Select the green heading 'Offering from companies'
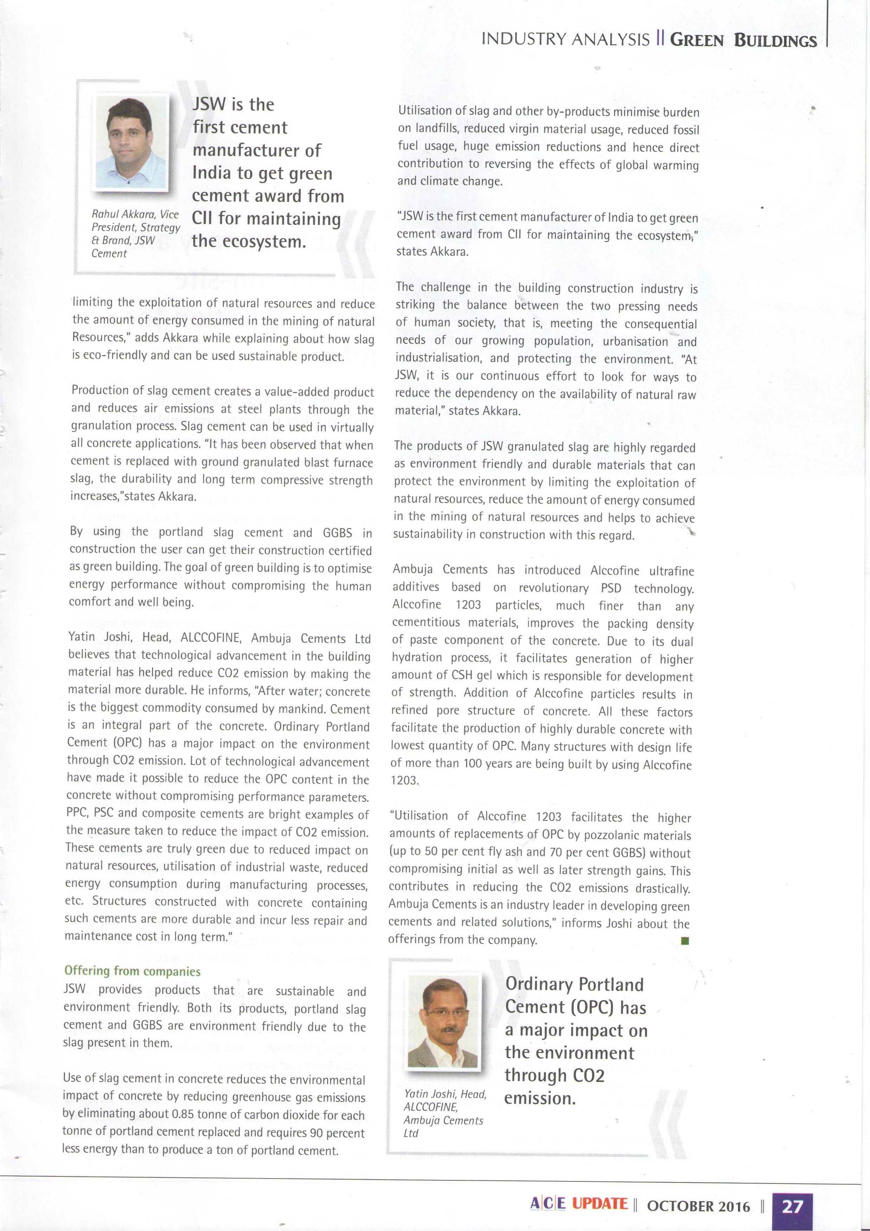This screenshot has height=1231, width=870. coord(132,971)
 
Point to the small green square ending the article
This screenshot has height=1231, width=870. coord(685,940)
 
